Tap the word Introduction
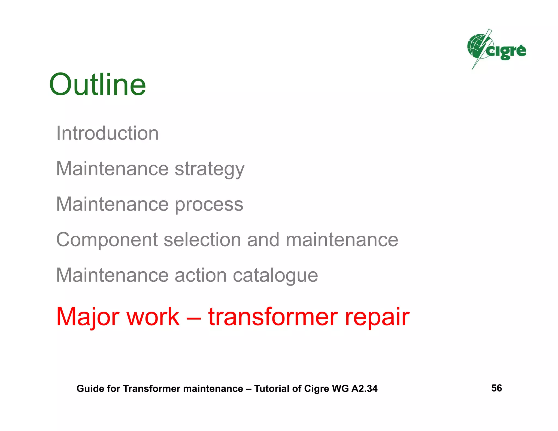point(107,133)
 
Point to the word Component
point(107,240)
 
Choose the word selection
point(202,240)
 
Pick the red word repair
point(377,317)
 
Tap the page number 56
point(496,388)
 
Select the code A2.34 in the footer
point(364,388)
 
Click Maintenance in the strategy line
point(112,169)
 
